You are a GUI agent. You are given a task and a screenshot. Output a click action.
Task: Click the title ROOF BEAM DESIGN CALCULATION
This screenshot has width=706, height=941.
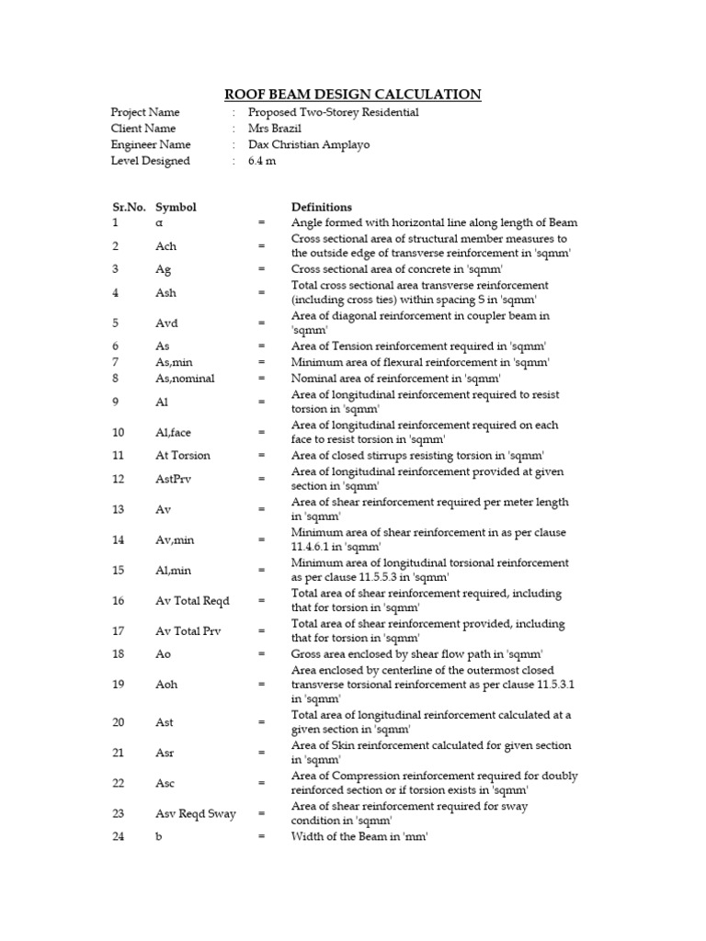pyautogui.click(x=353, y=94)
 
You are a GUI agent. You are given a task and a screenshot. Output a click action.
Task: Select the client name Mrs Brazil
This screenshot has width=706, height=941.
pyautogui.click(x=275, y=129)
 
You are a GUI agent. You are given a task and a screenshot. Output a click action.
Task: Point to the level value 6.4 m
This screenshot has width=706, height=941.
pyautogui.click(x=261, y=162)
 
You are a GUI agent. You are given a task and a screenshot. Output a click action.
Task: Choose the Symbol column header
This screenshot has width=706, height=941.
pyautogui.click(x=176, y=208)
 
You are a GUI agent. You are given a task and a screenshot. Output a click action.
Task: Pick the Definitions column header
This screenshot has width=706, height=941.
pyautogui.click(x=322, y=208)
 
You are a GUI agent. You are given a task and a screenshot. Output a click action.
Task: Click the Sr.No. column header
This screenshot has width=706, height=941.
pyautogui.click(x=128, y=208)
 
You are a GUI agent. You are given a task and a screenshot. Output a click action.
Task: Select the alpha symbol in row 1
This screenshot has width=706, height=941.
pyautogui.click(x=159, y=223)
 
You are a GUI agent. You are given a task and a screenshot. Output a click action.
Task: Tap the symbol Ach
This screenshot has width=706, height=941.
pyautogui.click(x=165, y=246)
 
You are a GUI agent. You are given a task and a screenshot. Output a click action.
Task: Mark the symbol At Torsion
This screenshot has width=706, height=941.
pyautogui.click(x=183, y=456)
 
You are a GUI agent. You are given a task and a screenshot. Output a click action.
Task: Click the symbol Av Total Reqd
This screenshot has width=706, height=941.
pyautogui.click(x=192, y=601)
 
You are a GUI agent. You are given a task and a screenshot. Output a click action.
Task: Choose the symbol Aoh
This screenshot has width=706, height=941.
pyautogui.click(x=166, y=685)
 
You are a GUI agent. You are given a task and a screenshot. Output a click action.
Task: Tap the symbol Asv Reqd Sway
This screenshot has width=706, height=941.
pyautogui.click(x=195, y=814)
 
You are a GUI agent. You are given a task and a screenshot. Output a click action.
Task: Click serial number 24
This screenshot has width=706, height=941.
pyautogui.click(x=118, y=837)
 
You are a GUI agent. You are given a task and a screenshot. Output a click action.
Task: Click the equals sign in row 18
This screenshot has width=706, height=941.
pyautogui.click(x=262, y=654)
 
